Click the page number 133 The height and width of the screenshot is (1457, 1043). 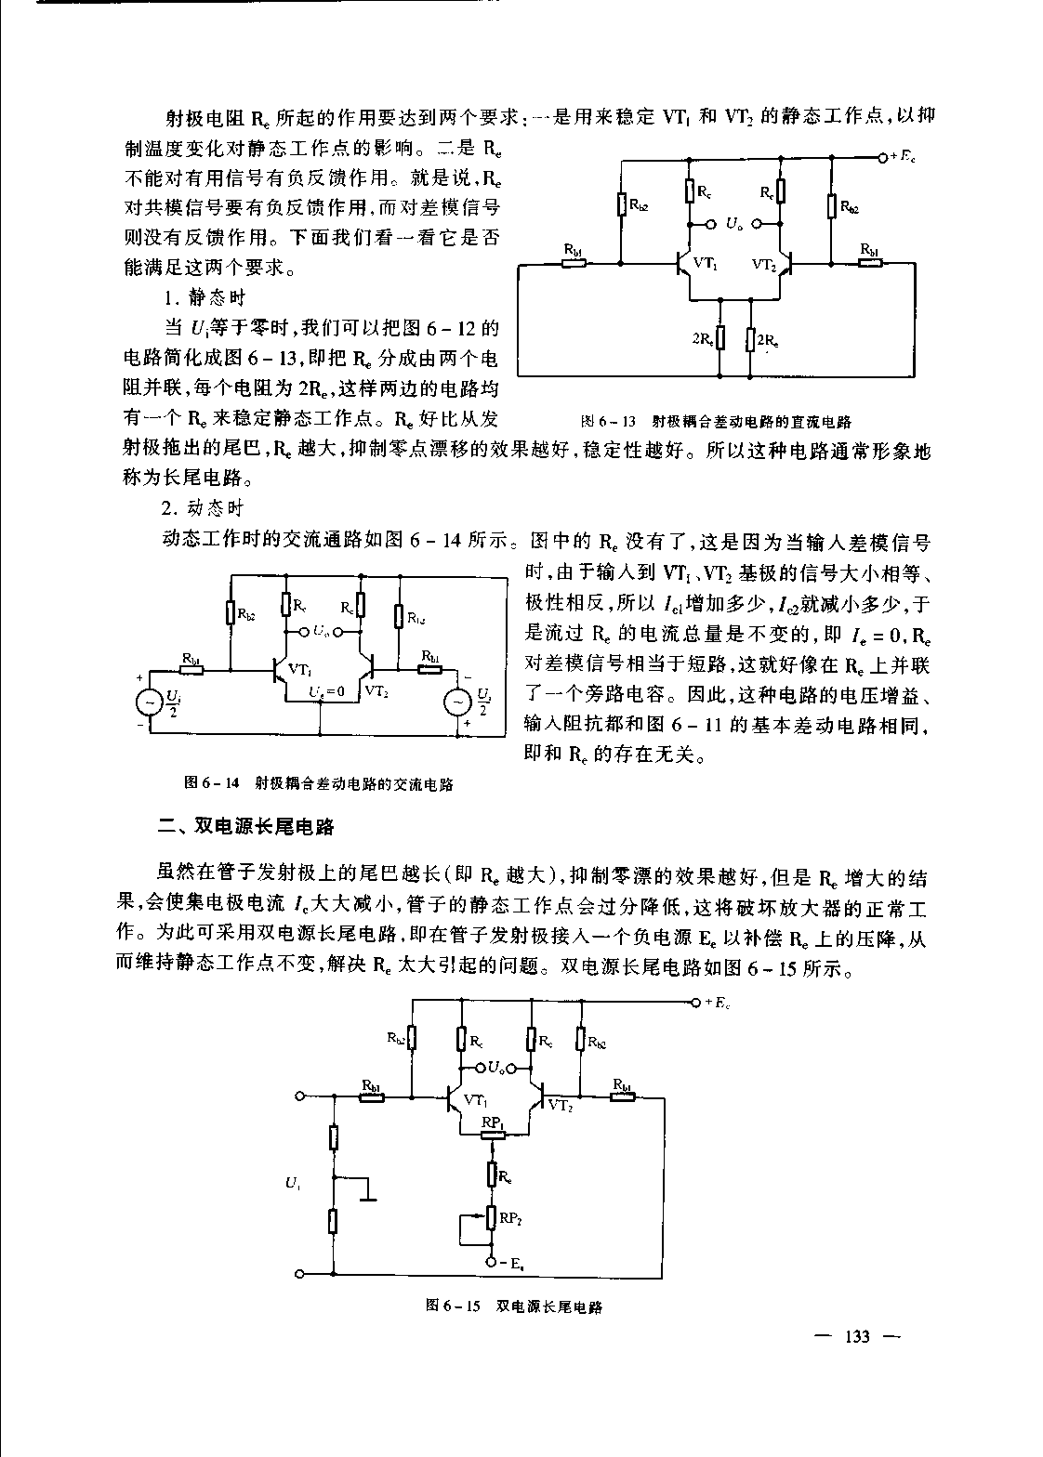pyautogui.click(x=855, y=1337)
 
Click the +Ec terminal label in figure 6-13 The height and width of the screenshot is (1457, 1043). pyautogui.click(x=900, y=156)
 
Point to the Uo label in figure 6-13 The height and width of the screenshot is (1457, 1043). pyautogui.click(x=733, y=224)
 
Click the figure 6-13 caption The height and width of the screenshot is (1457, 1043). pyautogui.click(x=716, y=421)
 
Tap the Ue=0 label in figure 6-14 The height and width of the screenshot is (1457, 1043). pyautogui.click(x=326, y=692)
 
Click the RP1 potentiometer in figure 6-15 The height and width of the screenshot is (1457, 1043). pyautogui.click(x=493, y=1134)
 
